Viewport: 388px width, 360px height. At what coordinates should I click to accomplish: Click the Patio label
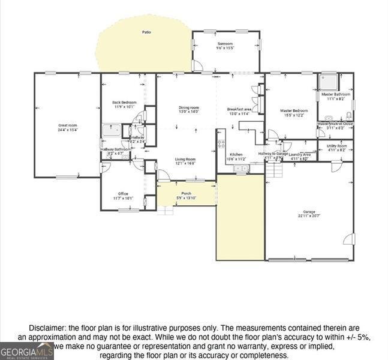[146, 31]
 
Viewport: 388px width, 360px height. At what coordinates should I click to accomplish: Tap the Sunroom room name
[225, 44]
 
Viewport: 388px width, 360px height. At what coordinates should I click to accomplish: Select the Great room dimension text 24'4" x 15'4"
[67, 130]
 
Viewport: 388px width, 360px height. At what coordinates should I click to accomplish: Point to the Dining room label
[188, 107]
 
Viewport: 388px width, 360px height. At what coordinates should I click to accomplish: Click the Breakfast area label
[239, 109]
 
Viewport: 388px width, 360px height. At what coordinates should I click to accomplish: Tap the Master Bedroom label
[294, 110]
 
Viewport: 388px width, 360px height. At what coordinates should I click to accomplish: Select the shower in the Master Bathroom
[328, 82]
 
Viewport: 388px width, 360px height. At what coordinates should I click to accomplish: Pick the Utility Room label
[336, 146]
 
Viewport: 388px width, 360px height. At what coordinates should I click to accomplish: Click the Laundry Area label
[300, 154]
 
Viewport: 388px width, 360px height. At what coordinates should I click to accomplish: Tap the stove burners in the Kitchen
[221, 143]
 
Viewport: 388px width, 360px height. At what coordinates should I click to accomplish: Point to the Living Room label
[185, 159]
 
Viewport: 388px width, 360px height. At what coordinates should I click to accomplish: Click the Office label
[123, 193]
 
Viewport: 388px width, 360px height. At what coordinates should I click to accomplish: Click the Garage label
[309, 211]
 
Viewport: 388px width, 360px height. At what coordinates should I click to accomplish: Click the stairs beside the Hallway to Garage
[275, 170]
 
